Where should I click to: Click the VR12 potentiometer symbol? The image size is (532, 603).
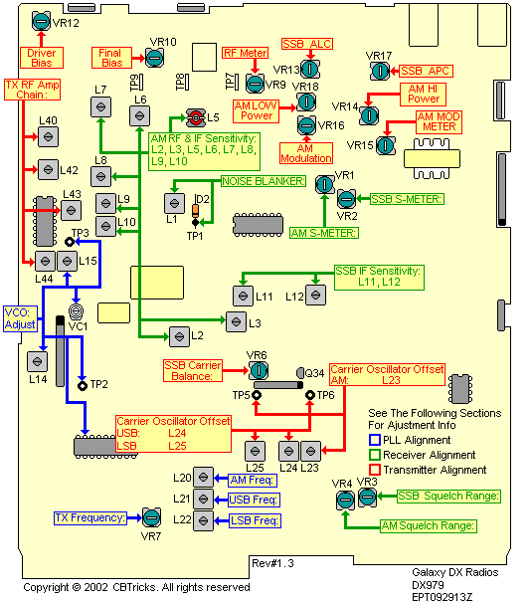41,20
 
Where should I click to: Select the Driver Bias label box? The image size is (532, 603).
41,58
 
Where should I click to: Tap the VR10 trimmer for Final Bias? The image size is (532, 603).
157,59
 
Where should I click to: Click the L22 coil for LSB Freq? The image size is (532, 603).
205,518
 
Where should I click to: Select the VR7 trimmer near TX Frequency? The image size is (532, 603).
151,517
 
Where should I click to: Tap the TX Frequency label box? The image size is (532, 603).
90,517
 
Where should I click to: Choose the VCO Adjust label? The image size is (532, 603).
21,317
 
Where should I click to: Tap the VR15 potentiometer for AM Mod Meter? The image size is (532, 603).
386,145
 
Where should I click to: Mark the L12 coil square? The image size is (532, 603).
316,296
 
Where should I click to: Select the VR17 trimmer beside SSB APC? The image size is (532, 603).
379,72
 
